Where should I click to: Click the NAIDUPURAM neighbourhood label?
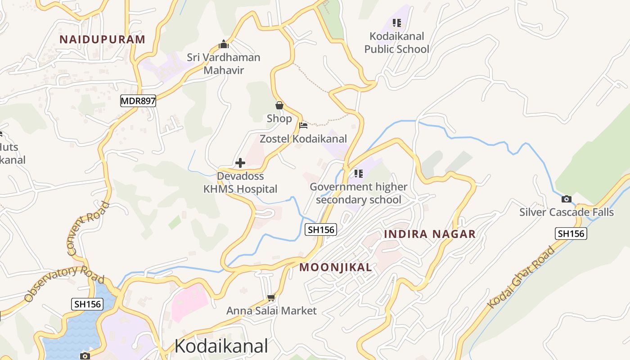pos(103,39)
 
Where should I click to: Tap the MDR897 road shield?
pos(138,101)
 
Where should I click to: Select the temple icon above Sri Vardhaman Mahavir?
pos(224,45)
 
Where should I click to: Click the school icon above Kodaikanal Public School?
pos(396,22)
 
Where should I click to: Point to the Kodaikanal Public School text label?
pos(396,43)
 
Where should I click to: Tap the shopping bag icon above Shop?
pos(279,105)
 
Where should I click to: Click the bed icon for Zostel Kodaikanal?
pos(303,125)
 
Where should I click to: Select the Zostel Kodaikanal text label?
pos(303,139)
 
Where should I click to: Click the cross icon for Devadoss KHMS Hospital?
pos(240,162)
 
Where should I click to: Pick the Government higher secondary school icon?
pos(358,173)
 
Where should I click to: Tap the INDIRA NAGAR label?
pos(430,234)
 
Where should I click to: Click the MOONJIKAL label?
pos(336,267)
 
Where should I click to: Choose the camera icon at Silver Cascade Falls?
pos(567,199)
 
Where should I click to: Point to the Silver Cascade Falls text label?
pos(567,212)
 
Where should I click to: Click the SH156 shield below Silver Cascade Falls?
pos(571,233)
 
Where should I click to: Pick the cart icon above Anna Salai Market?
pos(271,297)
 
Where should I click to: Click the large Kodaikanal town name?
pos(221,346)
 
